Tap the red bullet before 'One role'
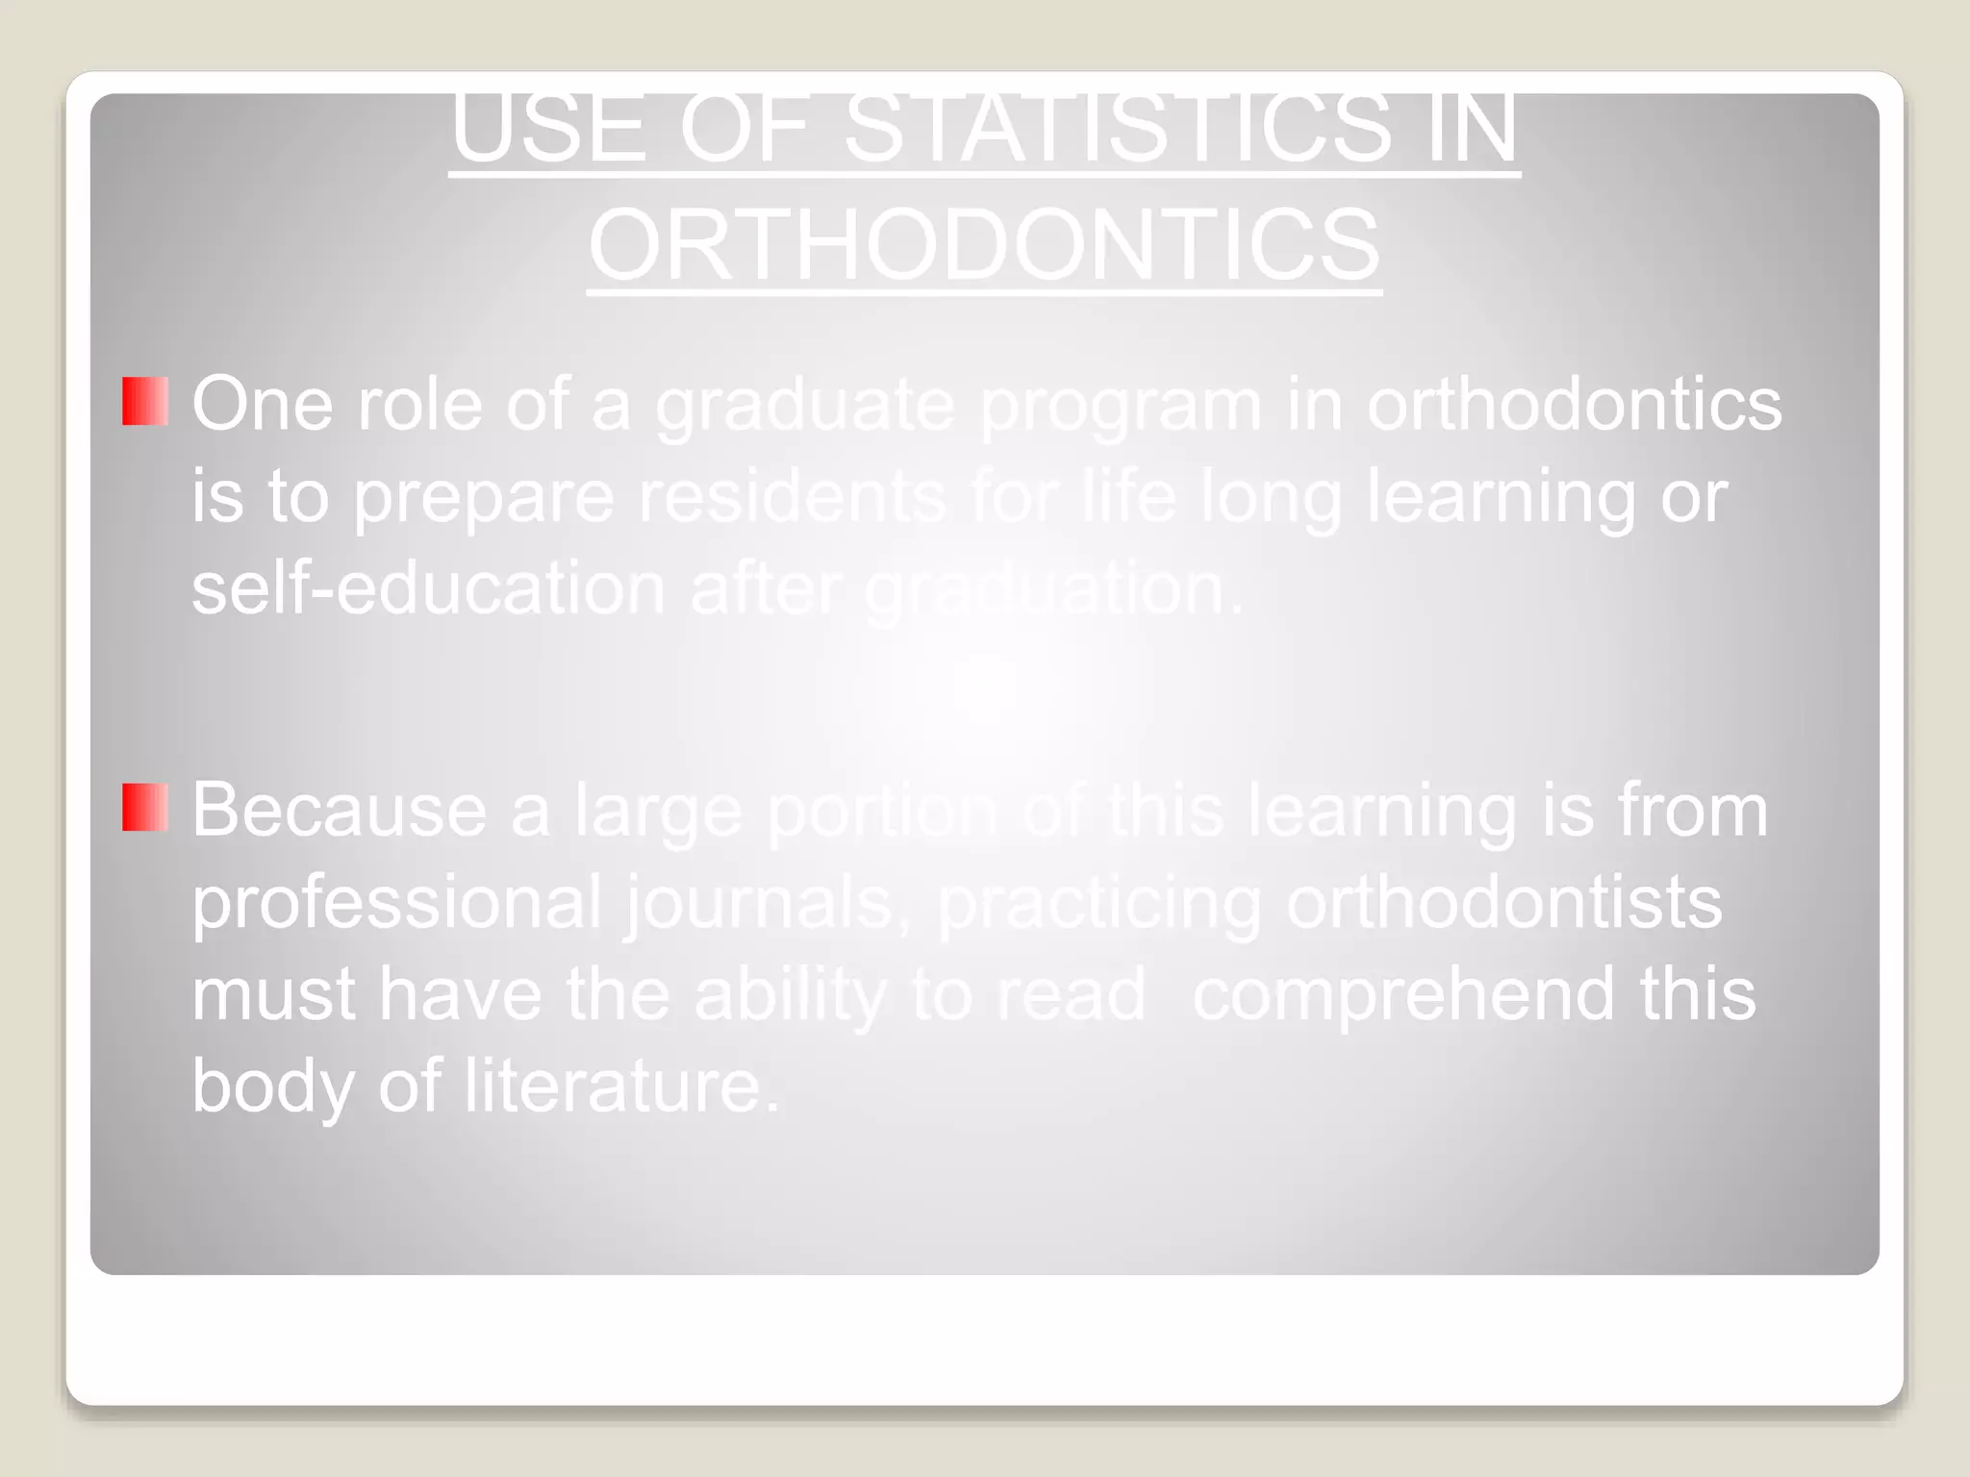[145, 402]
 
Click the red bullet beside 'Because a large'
[145, 807]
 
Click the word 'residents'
[793, 496]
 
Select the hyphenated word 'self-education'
[428, 588]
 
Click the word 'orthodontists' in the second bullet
[1503, 902]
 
